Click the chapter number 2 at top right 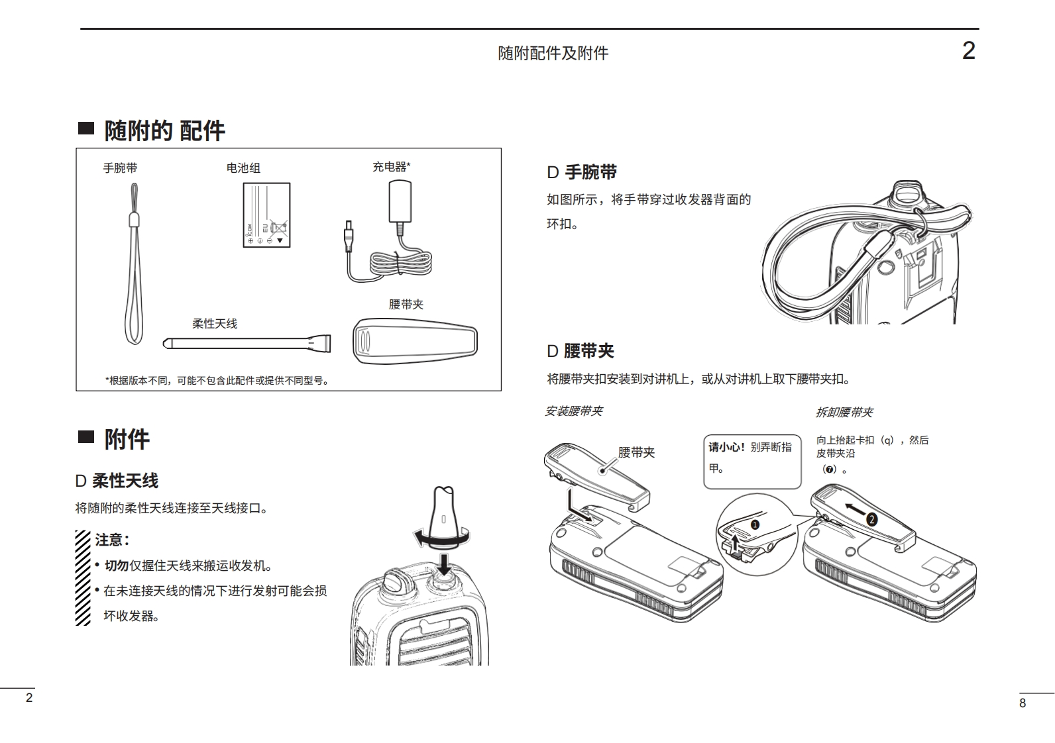coord(968,51)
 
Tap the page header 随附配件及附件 coord(553,53)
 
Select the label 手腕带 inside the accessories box coord(120,168)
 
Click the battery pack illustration coord(266,215)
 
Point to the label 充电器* coord(391,167)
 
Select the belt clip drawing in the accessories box coord(415,340)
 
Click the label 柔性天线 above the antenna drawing coord(215,324)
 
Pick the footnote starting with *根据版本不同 coord(217,381)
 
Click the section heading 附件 coord(127,438)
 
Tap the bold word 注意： coord(112,540)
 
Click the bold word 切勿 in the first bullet coord(117,566)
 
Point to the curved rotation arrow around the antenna coord(440,538)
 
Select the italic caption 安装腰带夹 coord(573,411)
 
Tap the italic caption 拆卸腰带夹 coord(844,413)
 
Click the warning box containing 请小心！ coord(752,461)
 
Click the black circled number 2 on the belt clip coord(871,520)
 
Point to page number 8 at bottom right coord(1023,703)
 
